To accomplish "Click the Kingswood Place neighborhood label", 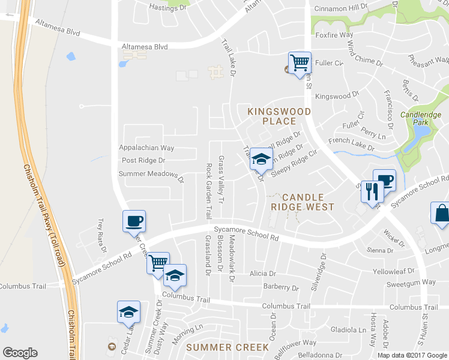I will coord(280,116).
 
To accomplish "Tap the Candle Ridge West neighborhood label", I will coord(303,202).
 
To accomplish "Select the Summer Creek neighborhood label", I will coord(227,347).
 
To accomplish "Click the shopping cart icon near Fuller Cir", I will coord(299,62).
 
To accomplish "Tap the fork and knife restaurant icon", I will coord(372,192).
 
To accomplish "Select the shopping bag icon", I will coord(441,214).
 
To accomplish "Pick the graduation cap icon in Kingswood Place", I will coord(261,159).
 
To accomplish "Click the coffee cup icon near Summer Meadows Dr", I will coord(134,221).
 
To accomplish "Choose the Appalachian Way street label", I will coord(146,148).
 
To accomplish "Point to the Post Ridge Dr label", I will coord(143,161).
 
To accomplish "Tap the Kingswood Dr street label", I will coord(337,96).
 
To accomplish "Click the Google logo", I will coord(20,353).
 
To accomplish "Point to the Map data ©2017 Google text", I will coord(412,355).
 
